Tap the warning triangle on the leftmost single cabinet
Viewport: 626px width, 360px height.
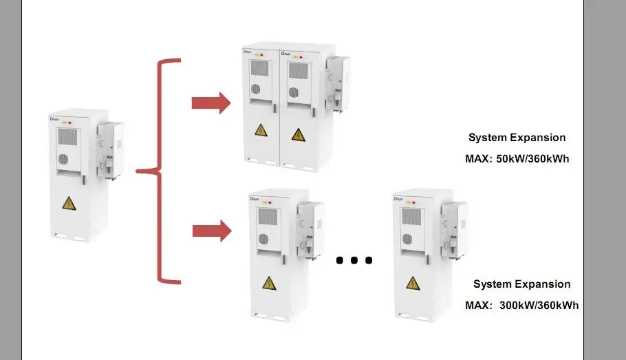[68, 202]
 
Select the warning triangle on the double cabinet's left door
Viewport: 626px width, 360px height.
[261, 130]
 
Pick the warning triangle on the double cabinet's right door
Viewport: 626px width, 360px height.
[297, 134]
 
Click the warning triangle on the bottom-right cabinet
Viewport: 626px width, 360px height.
[412, 282]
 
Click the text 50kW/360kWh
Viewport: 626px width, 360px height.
[534, 159]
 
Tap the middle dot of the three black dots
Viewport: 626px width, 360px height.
[354, 260]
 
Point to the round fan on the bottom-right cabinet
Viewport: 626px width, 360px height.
[408, 238]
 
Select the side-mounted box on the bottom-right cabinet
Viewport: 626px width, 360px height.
[455, 227]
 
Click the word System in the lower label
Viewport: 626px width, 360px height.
[491, 284]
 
